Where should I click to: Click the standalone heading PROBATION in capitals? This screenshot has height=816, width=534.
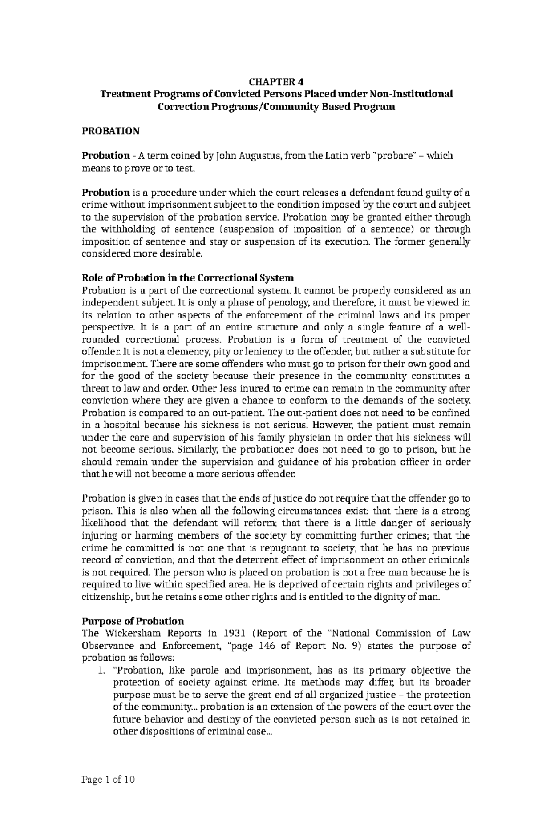tap(111, 131)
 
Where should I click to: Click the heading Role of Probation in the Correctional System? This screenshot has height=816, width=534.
tap(188, 278)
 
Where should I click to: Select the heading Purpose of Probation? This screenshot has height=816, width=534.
tap(133, 621)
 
